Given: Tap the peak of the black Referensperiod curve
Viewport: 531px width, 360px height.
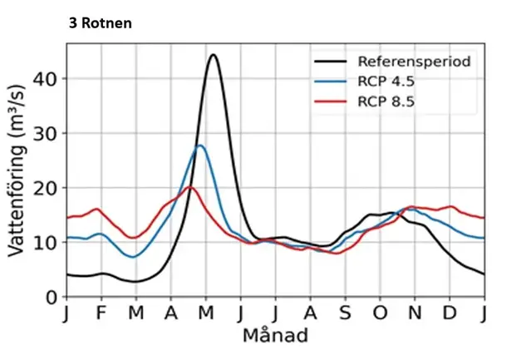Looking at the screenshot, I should tap(213, 55).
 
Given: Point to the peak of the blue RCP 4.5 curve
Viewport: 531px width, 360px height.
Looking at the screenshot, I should tap(200, 145).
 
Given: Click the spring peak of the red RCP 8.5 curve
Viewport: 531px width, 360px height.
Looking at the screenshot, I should tap(190, 187).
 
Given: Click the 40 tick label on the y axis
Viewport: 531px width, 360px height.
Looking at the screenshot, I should tap(44, 78).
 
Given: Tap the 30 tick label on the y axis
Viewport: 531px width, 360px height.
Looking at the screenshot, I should tap(44, 133).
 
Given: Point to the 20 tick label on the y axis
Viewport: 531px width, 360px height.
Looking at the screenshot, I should tap(44, 188).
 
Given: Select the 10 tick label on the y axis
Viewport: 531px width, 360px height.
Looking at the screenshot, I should tap(44, 242).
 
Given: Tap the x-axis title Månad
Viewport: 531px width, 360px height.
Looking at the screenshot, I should tap(276, 336).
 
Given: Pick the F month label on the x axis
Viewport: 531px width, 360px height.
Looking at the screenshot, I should tap(101, 313).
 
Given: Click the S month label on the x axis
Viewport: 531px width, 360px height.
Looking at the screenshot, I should tap(345, 313).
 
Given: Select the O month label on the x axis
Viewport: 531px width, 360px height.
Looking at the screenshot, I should tap(380, 313).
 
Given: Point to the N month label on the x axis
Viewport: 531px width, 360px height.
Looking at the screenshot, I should tap(414, 313).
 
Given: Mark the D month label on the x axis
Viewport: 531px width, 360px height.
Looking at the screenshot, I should tap(449, 313).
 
